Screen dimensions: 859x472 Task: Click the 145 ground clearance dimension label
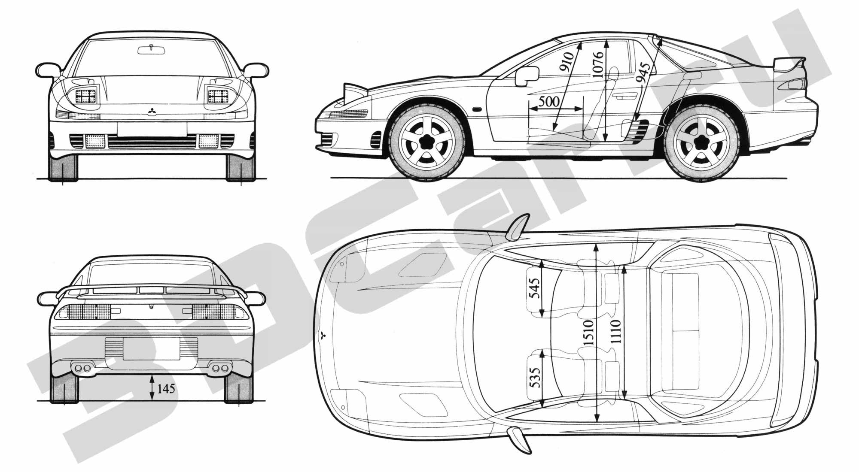pyautogui.click(x=166, y=388)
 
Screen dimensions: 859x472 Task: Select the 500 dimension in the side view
pyautogui.click(x=548, y=101)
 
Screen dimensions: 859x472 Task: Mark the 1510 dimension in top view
pyautogui.click(x=588, y=333)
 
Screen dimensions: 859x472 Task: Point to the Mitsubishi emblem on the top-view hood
pyautogui.click(x=323, y=336)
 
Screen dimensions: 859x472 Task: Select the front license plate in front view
pyautogui.click(x=152, y=129)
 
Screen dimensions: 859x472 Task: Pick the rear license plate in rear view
pyautogui.click(x=152, y=348)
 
